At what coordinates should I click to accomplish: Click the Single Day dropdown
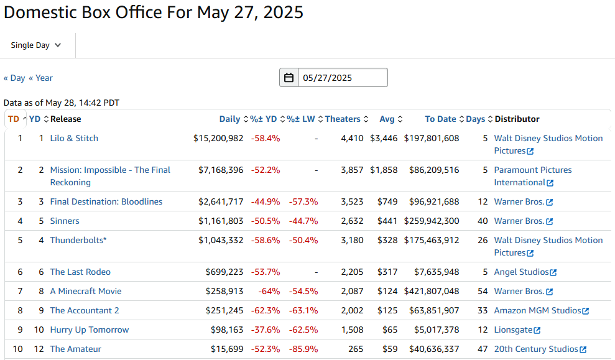point(36,45)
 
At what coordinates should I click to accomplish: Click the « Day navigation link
point(14,78)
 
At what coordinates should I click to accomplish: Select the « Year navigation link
point(41,78)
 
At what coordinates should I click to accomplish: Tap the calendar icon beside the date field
point(289,78)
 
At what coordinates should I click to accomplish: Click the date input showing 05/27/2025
point(342,78)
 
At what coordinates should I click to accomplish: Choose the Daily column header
point(229,119)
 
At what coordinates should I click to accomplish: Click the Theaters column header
point(343,119)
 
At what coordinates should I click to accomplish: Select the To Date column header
point(440,119)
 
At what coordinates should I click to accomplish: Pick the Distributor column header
point(517,119)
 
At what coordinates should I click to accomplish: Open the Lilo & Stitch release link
point(74,138)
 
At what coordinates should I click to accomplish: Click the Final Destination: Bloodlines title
point(106,201)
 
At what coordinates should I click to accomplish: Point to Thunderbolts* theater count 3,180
point(352,240)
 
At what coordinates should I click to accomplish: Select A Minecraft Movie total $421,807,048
point(432,291)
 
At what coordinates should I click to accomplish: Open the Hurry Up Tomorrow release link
point(90,330)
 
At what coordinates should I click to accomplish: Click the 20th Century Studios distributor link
point(536,349)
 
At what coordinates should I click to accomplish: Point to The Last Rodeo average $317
point(387,272)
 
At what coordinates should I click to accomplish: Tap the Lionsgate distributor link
point(513,330)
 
